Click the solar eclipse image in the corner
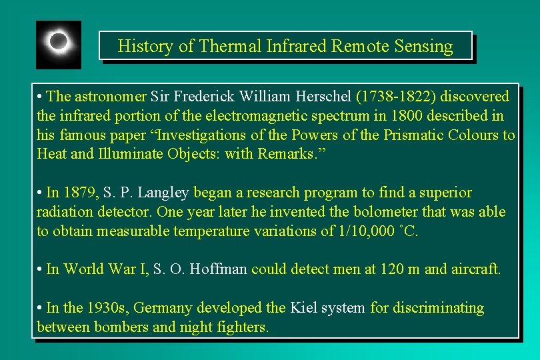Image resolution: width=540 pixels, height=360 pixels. pos(59,44)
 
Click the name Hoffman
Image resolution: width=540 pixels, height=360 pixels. pos(219,269)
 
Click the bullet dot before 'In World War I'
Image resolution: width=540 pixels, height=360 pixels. pos(40,269)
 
